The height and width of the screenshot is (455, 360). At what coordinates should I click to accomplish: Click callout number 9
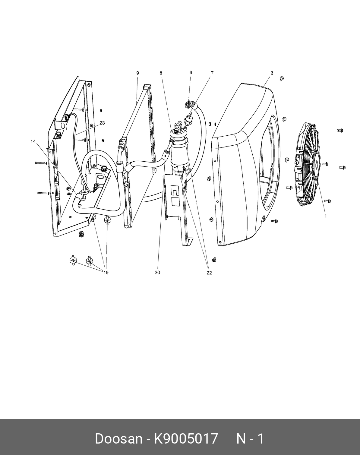coord(137,73)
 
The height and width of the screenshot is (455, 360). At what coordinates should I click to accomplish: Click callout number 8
coord(161,73)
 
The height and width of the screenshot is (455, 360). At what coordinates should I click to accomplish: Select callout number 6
coord(191,73)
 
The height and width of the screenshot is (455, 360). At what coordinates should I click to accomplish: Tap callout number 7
coord(212,73)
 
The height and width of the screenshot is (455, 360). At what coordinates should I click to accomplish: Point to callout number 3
coord(272,73)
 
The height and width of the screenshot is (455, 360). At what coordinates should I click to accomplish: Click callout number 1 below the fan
coord(326,216)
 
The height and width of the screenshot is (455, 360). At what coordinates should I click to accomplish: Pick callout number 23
coord(102,123)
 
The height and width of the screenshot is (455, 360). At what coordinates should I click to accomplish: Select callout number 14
coord(33,141)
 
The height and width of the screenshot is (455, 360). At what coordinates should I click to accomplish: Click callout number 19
coord(106,273)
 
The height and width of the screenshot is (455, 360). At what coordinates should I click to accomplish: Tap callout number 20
coord(157,272)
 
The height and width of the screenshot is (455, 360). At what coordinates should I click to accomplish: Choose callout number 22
coord(209,273)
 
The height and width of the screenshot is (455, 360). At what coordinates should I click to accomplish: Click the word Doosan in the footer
coord(118,438)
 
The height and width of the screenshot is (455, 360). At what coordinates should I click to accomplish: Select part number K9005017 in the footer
coord(186,438)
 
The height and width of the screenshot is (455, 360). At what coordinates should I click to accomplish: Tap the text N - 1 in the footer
coord(250,438)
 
